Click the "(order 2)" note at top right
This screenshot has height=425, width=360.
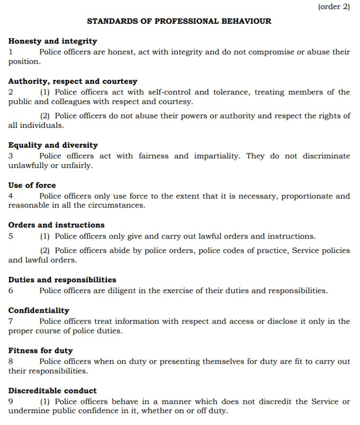tap(333, 7)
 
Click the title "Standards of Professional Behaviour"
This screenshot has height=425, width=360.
tap(179, 21)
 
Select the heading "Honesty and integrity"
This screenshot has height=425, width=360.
tap(53, 41)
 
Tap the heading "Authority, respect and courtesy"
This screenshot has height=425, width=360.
tap(73, 81)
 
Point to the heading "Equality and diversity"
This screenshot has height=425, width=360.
tap(53, 145)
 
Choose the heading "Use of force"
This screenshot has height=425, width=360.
tap(32, 185)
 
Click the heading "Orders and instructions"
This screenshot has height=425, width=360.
tap(56, 225)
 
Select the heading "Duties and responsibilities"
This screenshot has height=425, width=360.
tap(62, 280)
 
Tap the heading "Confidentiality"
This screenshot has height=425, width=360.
tap(39, 310)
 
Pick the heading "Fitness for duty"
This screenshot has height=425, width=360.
tap(40, 350)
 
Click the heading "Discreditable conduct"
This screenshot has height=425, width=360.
tap(53, 390)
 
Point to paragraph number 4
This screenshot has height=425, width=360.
tap(11, 196)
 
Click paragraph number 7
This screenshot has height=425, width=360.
tap(11, 321)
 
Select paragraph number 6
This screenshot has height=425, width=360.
tap(11, 290)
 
